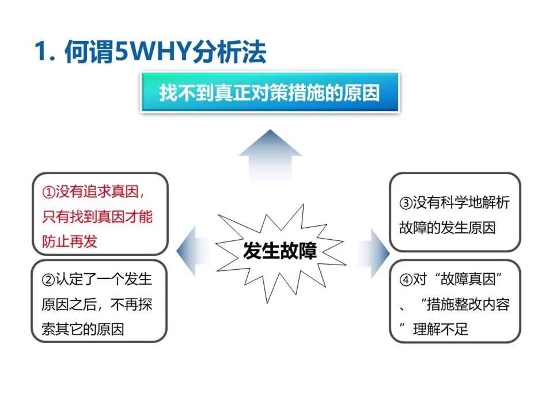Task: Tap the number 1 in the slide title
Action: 41,52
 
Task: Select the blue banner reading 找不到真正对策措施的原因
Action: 270,92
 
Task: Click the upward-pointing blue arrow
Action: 270,155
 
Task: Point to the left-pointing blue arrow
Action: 192,251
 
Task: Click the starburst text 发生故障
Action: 280,251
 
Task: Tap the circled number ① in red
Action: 48,192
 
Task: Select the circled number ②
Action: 48,280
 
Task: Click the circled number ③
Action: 406,203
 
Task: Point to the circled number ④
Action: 406,280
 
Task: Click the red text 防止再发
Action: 70,242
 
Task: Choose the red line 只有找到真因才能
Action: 97,217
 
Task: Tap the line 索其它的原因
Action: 83,329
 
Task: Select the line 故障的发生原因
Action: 448,228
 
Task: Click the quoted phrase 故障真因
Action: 468,280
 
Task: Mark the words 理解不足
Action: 441,329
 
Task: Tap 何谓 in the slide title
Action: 89,52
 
